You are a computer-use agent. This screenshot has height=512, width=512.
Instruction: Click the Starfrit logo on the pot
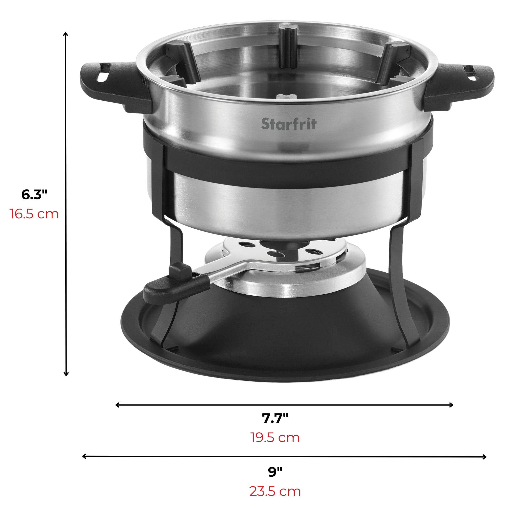click(289, 124)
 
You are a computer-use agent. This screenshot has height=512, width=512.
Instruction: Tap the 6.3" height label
click(34, 195)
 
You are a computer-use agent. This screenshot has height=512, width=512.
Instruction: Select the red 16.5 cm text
click(34, 214)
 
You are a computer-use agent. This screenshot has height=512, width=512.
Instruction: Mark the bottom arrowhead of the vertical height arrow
click(66, 374)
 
